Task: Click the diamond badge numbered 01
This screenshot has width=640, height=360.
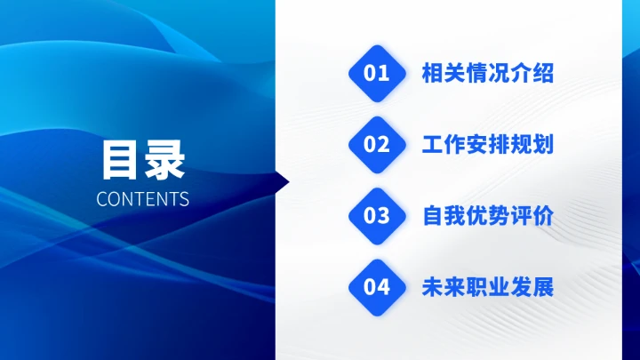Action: [x=377, y=73]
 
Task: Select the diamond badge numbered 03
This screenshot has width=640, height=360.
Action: [x=377, y=216]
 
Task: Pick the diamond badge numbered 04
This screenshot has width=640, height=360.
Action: [x=377, y=287]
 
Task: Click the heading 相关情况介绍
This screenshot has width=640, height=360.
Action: [x=487, y=73]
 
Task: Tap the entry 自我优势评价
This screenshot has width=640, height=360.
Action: [x=487, y=216]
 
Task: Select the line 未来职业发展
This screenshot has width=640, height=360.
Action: [x=487, y=287]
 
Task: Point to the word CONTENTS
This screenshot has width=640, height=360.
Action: [x=142, y=198]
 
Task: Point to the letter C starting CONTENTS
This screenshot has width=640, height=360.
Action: [x=101, y=198]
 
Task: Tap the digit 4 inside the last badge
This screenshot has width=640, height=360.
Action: [x=383, y=287]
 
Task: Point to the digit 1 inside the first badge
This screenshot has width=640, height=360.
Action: [x=384, y=73]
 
